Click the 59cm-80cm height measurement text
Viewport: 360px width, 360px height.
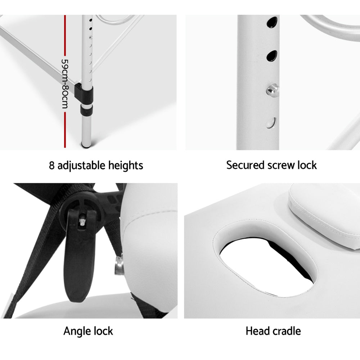point(65,84)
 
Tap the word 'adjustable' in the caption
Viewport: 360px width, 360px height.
point(81,166)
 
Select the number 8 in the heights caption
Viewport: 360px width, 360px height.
point(51,166)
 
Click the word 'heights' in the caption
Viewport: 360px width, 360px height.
point(126,166)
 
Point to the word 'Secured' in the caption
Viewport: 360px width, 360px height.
point(245,165)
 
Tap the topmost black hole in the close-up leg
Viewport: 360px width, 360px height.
point(272,22)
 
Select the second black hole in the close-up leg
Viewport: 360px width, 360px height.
point(271,56)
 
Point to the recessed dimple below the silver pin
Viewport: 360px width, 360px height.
point(271,123)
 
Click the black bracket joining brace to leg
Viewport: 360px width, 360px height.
point(84,93)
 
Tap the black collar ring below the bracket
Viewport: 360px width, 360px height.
point(86,110)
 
